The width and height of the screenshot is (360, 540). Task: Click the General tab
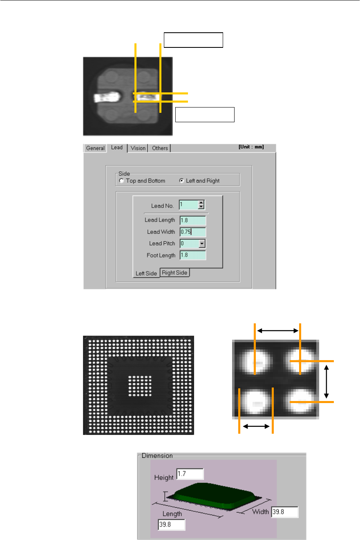95,148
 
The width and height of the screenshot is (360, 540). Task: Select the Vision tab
138,148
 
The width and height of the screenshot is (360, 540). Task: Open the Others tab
160,148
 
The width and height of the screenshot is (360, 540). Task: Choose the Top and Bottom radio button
121,181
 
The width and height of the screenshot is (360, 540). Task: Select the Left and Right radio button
181,181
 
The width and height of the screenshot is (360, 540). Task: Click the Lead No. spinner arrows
201,205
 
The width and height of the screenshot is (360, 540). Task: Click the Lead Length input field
193,220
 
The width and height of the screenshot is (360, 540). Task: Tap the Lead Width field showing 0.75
193,232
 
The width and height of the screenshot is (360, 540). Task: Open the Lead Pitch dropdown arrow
202,244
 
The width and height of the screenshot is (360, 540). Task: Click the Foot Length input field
193,255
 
